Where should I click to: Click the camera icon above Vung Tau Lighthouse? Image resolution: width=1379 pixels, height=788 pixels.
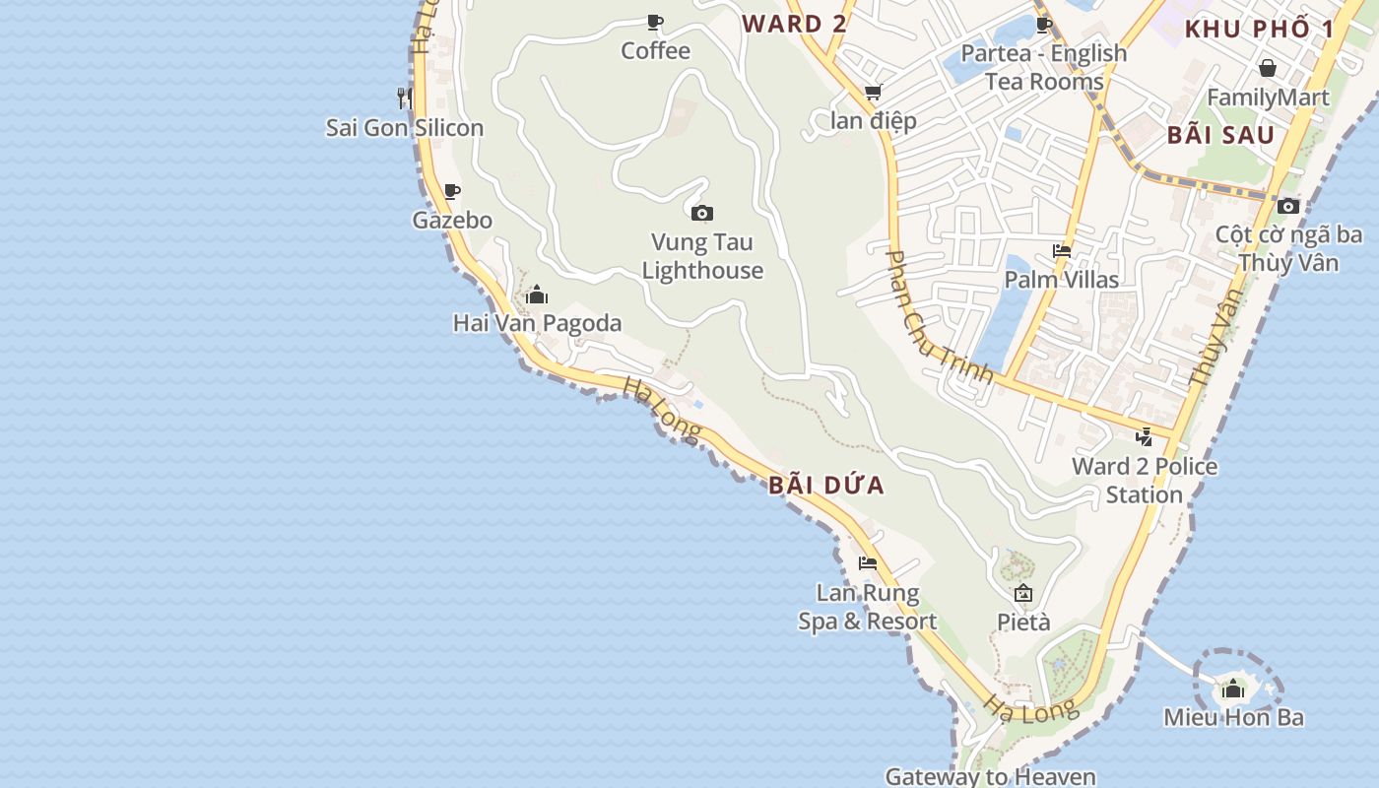[701, 213]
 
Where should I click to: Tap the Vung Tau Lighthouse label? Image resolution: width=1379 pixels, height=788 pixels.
[702, 256]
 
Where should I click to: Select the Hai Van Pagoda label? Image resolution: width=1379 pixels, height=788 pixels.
[537, 323]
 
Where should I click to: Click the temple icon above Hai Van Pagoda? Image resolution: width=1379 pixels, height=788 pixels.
[537, 295]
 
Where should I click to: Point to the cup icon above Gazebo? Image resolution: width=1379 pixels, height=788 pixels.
[451, 191]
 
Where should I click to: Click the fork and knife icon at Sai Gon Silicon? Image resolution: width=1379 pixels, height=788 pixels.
[404, 98]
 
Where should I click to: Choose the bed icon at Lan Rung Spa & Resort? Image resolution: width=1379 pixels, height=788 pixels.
[867, 563]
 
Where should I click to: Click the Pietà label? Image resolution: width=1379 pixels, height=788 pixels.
[1023, 623]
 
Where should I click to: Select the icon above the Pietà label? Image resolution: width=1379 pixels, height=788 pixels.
[1023, 593]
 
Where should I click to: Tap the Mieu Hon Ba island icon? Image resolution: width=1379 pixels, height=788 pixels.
[1233, 689]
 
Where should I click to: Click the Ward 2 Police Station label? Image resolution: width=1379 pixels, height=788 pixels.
[1145, 480]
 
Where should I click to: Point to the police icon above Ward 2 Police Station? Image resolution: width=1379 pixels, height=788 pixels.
[1144, 437]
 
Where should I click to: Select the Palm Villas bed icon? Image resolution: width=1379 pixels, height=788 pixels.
[1061, 251]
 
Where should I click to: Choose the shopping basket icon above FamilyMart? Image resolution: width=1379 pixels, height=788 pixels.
[1268, 68]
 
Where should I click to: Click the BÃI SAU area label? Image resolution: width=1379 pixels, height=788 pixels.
[1220, 135]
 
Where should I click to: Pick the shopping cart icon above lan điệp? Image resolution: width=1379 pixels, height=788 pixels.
[873, 93]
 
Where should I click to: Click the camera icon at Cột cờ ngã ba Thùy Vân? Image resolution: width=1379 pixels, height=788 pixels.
[1287, 206]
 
